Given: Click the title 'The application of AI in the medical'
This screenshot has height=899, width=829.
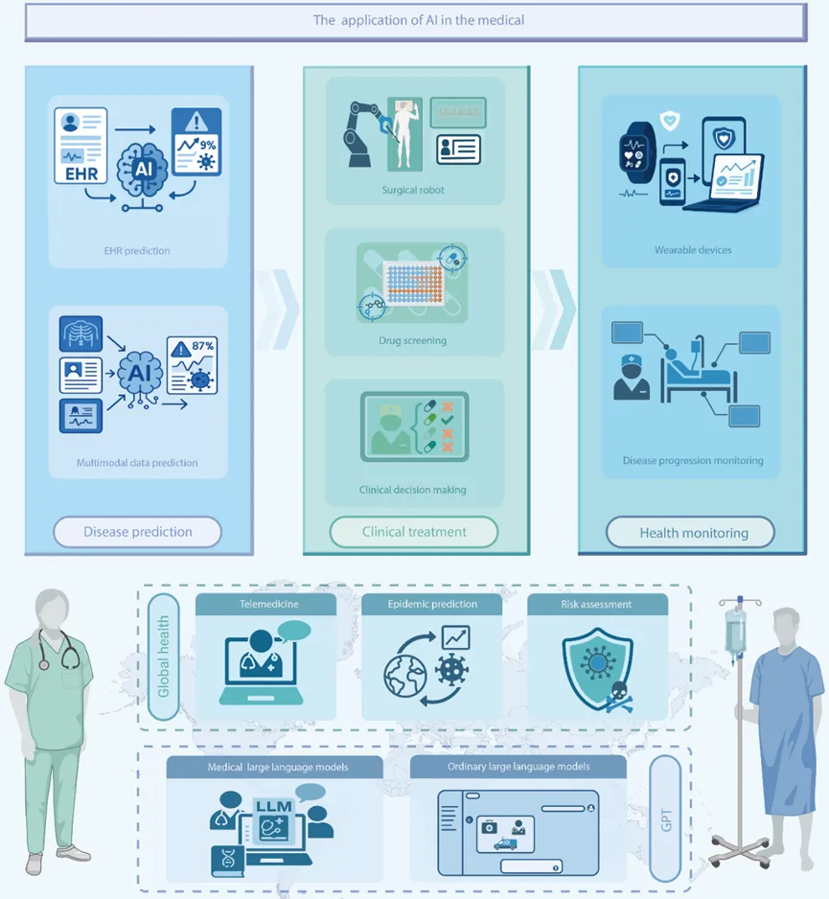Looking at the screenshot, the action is point(418,20).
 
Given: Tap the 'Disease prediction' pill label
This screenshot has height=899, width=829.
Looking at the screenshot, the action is point(138,532).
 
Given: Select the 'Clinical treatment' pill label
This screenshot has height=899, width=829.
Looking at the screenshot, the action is point(414,532).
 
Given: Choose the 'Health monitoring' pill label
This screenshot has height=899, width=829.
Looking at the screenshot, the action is point(690,533).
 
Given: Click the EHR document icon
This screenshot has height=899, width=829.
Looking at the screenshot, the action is point(81,146).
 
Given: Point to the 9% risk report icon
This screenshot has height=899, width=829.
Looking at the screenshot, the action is point(196,141).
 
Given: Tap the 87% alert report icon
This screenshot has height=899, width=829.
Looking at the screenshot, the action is point(192,365).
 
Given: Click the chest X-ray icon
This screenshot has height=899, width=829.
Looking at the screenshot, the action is point(81,334).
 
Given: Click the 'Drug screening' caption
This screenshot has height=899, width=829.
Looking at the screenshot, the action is point(412,340).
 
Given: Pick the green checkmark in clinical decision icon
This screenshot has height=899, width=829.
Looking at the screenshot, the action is point(448,420).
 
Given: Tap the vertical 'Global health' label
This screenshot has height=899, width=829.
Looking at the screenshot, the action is point(163,657).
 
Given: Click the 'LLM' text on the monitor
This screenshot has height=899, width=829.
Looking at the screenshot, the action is point(274,806).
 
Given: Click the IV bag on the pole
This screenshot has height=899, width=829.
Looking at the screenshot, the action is point(734,632).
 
